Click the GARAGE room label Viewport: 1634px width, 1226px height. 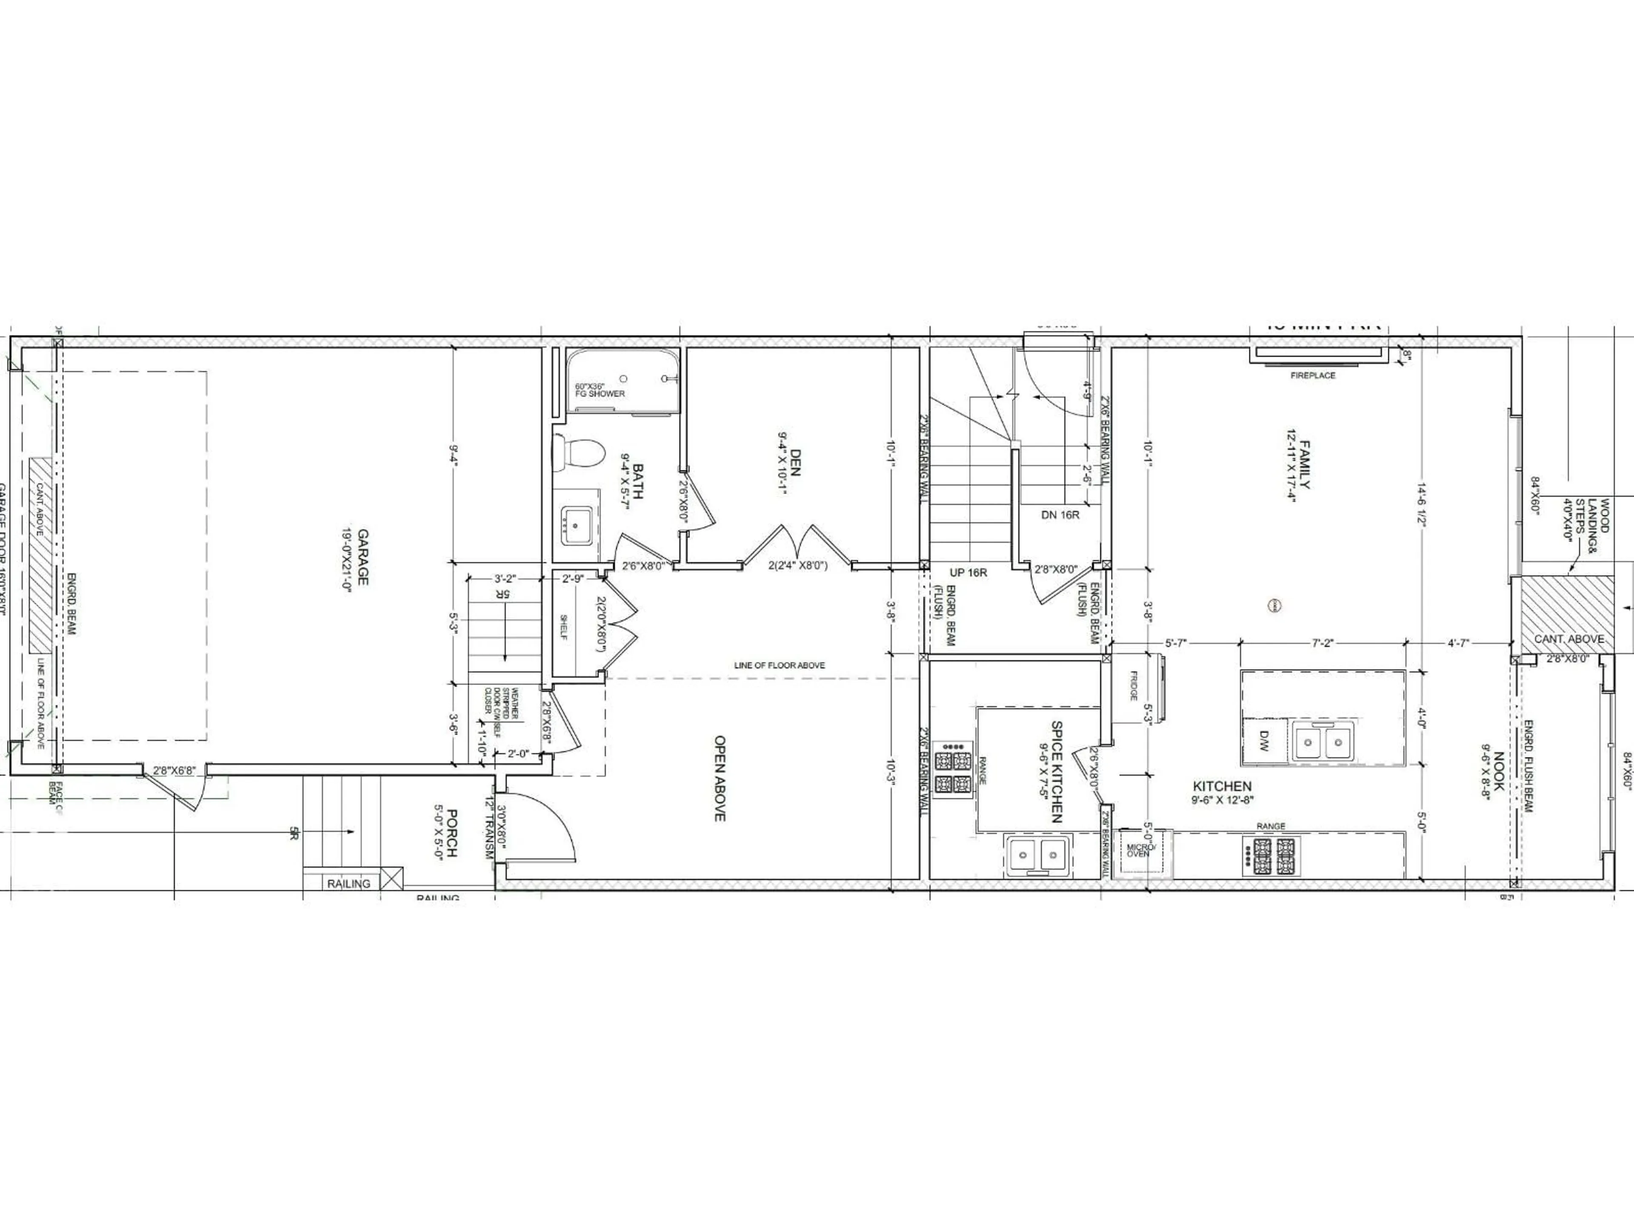[x=363, y=556]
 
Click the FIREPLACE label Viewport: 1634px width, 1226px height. [x=1313, y=375]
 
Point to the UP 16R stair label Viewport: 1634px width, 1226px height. [x=968, y=572]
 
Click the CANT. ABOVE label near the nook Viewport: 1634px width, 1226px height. [x=1569, y=639]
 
